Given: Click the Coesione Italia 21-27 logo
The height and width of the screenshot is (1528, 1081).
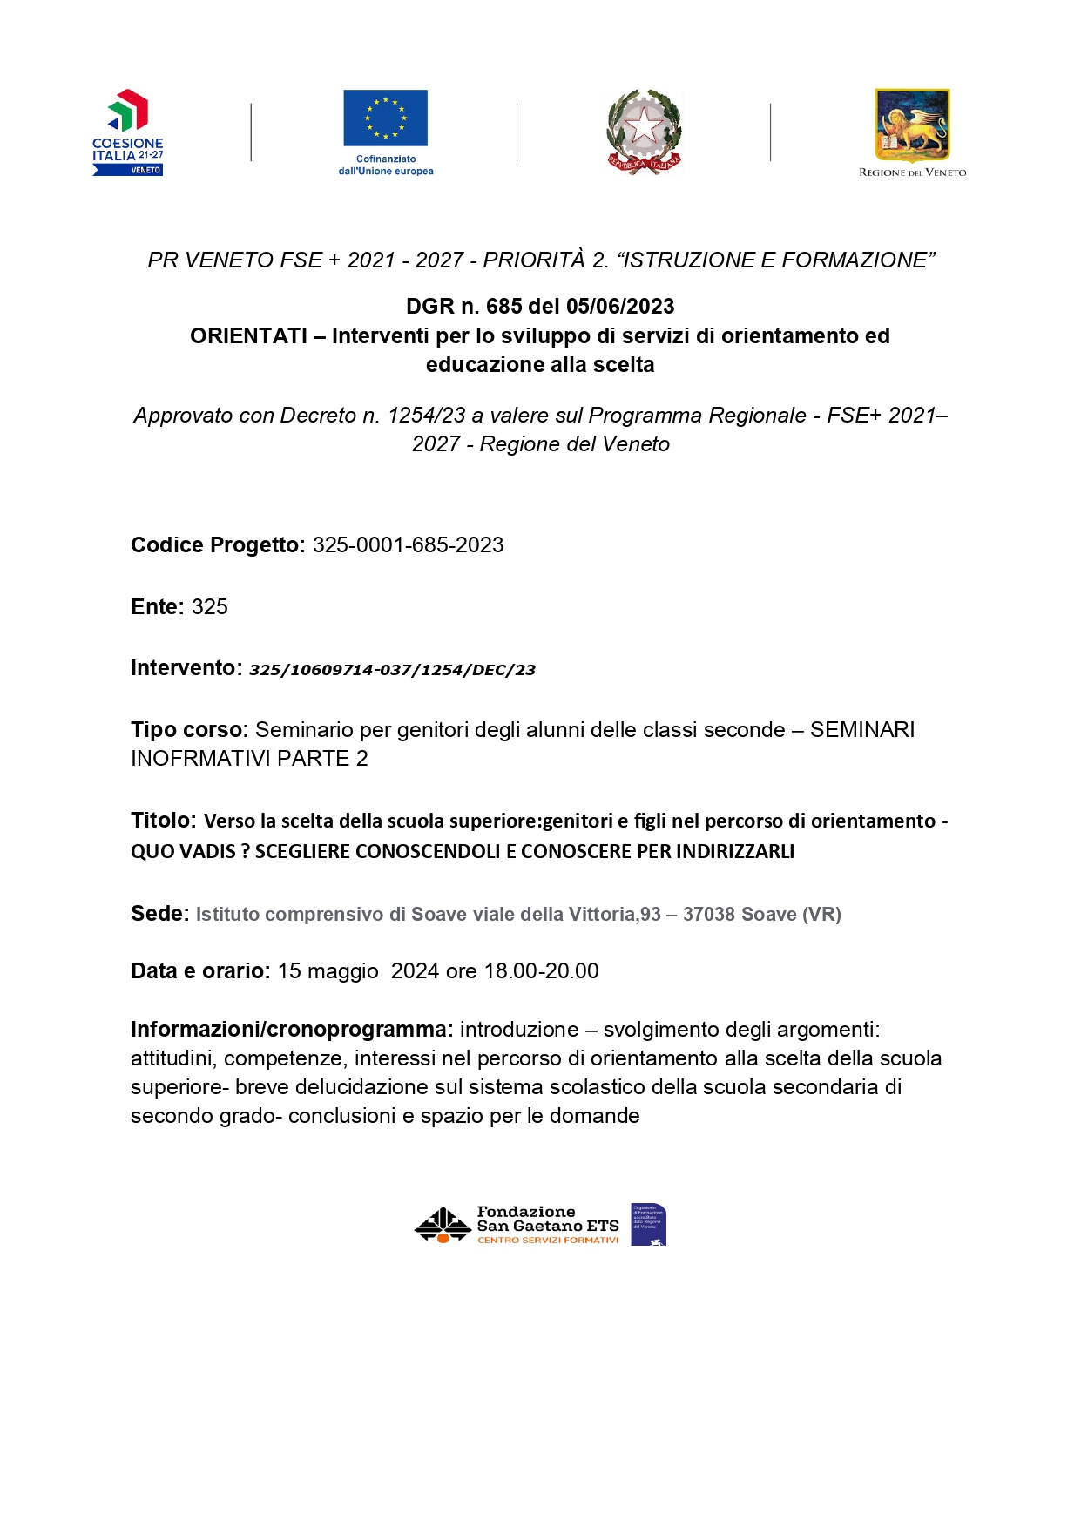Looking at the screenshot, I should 128,132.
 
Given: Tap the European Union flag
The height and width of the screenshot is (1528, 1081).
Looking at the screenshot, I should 385,118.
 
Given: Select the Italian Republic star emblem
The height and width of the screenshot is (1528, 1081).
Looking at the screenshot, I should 644,131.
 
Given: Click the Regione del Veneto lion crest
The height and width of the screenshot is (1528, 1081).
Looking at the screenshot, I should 912,125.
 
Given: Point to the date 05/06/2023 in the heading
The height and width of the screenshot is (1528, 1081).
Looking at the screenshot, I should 620,307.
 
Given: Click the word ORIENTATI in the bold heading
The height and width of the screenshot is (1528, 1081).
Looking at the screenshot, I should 248,336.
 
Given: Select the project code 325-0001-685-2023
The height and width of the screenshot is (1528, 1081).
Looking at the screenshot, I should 408,545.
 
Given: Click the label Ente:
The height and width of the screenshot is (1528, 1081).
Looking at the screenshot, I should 158,607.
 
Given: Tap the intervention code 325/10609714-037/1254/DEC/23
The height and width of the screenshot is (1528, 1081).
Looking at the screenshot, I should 392,670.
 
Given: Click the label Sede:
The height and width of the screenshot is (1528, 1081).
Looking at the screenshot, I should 159,914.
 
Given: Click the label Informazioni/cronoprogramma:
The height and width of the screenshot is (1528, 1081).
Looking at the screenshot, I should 292,1030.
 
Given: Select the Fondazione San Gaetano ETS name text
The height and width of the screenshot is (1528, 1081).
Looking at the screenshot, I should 547,1220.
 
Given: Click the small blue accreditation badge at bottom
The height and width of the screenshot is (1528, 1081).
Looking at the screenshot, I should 648,1224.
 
